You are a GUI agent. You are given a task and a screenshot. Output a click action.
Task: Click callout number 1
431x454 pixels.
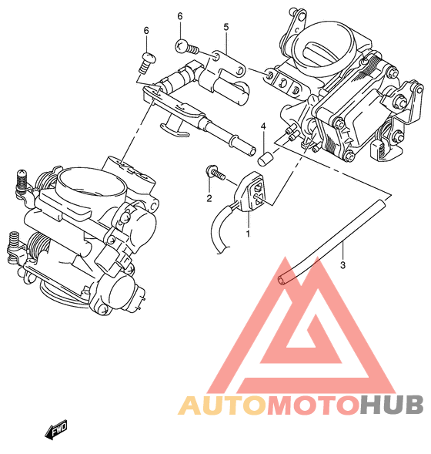coord(248,234)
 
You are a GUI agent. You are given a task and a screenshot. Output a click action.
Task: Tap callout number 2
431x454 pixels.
coord(209,198)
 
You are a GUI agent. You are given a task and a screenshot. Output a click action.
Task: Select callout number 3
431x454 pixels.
coord(342,265)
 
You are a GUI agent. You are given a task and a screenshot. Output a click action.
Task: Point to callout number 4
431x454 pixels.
coord(263,126)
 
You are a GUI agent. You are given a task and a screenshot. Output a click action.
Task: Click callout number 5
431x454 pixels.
coord(226,27)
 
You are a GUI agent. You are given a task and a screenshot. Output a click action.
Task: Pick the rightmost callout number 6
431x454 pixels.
coord(180,16)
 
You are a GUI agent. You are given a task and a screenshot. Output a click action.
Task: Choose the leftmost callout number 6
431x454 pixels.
coord(146,30)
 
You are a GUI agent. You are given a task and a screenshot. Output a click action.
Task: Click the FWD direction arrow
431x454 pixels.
coord(55,429)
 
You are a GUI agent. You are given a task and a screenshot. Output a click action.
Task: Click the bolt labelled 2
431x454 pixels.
coord(215,173)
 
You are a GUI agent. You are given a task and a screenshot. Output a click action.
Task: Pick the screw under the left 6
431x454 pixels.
coord(148,62)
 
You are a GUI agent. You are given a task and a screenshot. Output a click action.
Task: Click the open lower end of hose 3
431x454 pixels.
coord(281,280)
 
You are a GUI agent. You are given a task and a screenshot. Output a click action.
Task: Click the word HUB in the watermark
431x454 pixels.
coord(392,405)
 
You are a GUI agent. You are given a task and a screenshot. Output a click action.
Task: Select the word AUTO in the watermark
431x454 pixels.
coord(222,405)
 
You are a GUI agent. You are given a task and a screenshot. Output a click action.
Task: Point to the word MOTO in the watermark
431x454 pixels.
coord(313,405)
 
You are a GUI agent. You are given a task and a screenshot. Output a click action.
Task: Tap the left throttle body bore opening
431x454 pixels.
coord(92,182)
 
